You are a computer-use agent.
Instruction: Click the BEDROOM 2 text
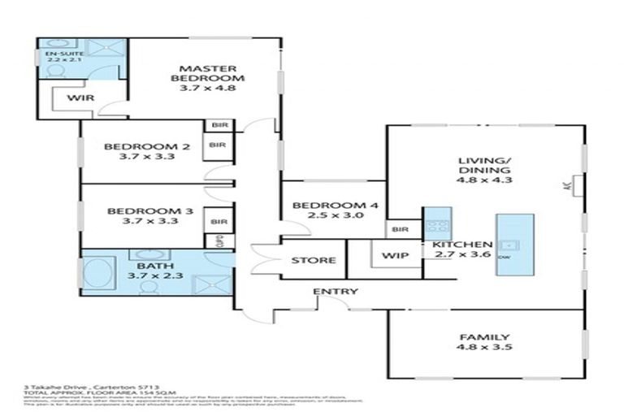(x=146, y=147)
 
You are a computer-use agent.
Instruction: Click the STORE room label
(x=314, y=261)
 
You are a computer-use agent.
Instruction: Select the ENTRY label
(x=335, y=292)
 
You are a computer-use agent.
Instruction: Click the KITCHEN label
(x=461, y=245)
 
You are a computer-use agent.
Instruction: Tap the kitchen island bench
(x=514, y=245)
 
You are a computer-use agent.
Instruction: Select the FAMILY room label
(x=486, y=337)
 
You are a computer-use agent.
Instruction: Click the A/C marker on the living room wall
(x=568, y=185)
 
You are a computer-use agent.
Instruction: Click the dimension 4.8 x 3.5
(x=486, y=348)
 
